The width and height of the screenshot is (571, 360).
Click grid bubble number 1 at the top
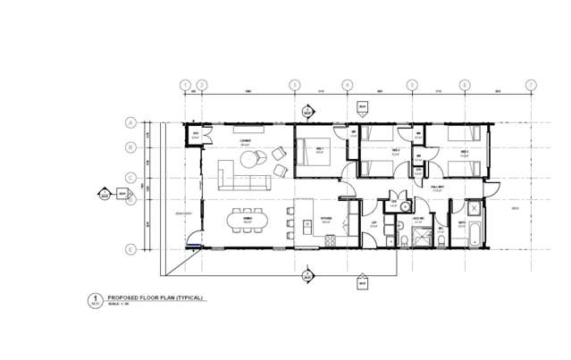coord(185,86)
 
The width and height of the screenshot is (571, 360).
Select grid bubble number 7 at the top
coord(531,86)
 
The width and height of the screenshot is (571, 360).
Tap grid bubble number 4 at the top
coord(347,86)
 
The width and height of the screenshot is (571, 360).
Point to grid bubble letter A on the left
coord(130,123)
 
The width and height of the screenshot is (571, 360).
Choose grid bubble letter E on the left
coord(130,249)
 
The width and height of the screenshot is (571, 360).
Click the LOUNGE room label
coord(245,141)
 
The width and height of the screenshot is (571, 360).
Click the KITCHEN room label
coord(327,217)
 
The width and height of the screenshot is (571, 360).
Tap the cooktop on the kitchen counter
coord(330,240)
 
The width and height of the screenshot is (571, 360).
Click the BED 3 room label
coord(465,153)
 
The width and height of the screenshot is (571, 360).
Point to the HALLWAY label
coord(439,187)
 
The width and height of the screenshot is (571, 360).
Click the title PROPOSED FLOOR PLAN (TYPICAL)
coord(155,297)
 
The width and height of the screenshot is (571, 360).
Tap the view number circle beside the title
coord(91,299)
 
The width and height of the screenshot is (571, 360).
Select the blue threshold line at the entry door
coord(190,246)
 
